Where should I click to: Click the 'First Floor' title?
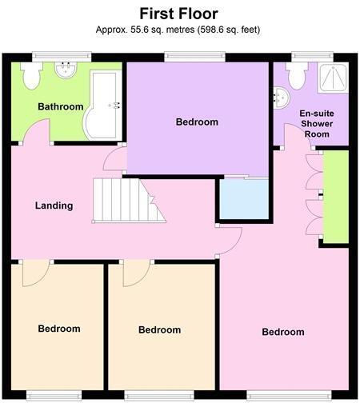coord(179,14)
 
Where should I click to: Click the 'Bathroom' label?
coord(60,107)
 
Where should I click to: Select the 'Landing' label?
coord(54,205)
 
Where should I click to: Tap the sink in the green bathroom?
coord(66,71)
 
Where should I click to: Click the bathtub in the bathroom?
coord(102,105)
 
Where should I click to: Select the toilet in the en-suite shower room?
coord(297,76)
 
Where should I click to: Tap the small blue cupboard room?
coord(243,200)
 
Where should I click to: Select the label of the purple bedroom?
coord(197,122)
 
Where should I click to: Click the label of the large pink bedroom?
coord(283,332)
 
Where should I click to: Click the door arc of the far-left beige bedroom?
coord(35,273)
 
